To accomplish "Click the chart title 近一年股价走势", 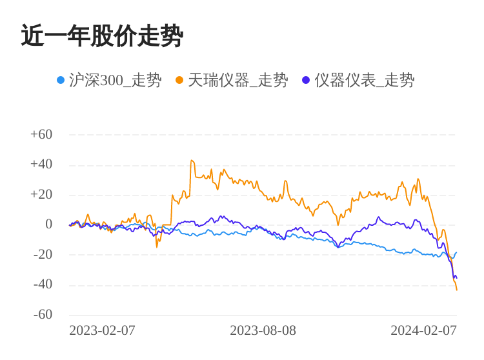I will (x=102, y=36).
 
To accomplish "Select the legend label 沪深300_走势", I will (x=115, y=80).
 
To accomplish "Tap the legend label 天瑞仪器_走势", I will (x=237, y=80).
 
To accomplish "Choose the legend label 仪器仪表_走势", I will (x=364, y=80).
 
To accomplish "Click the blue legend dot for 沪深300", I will (x=61, y=80).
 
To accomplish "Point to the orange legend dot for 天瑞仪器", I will (x=179, y=80).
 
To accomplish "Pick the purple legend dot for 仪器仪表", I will (x=306, y=80).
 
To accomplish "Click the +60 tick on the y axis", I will (x=41, y=134).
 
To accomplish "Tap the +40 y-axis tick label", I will (x=41, y=164).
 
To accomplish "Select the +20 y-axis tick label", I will (x=41, y=194).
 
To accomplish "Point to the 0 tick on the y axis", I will (x=48, y=224).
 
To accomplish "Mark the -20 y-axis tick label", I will (x=43, y=254).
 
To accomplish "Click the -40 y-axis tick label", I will (x=43, y=284).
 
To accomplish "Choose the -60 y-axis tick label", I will (x=43, y=314).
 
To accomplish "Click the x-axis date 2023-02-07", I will (x=102, y=330).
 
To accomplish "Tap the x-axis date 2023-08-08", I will (x=263, y=330).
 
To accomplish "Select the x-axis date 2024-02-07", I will (x=423, y=330).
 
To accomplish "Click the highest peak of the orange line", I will (x=192, y=160).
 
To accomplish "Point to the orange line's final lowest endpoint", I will (x=457, y=290).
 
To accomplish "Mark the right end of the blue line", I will (x=456, y=253).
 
